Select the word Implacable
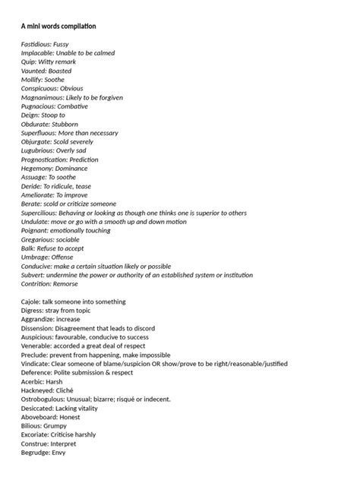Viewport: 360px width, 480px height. coord(39,53)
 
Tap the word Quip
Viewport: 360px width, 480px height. coord(29,62)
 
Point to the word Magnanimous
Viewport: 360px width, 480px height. coord(43,97)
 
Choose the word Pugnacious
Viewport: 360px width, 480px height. coord(38,106)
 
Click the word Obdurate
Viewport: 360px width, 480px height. coord(36,124)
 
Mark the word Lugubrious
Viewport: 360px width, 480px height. coord(37,150)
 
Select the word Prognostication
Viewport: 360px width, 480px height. coord(45,159)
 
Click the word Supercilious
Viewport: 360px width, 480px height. coord(39,213)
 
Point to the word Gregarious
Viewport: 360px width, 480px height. coord(38,239)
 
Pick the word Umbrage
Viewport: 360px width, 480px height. coord(35,257)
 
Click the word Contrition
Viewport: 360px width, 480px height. coord(36,283)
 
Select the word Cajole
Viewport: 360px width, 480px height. coord(31,302)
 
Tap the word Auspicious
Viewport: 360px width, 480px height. coord(37,337)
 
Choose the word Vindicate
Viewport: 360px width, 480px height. coord(36,364)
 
